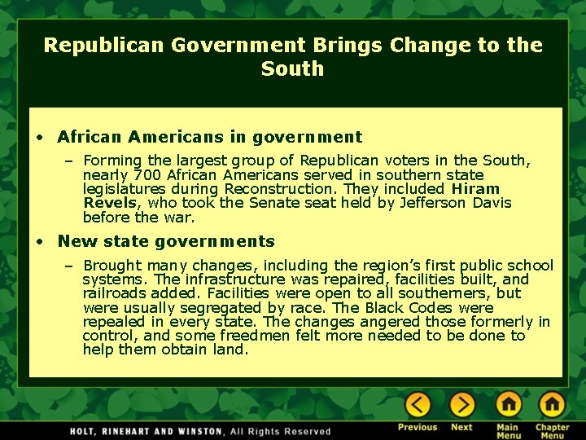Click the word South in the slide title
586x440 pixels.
tap(292, 69)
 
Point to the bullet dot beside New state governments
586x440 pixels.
tap(40, 242)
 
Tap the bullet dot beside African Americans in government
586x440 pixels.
tap(40, 137)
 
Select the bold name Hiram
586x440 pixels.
tap(475, 189)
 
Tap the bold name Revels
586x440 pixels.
tap(112, 203)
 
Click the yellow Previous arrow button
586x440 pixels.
tap(418, 405)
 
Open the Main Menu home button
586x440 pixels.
tap(508, 405)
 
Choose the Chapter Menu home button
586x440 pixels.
tap(552, 405)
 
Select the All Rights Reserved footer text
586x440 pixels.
tap(281, 431)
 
